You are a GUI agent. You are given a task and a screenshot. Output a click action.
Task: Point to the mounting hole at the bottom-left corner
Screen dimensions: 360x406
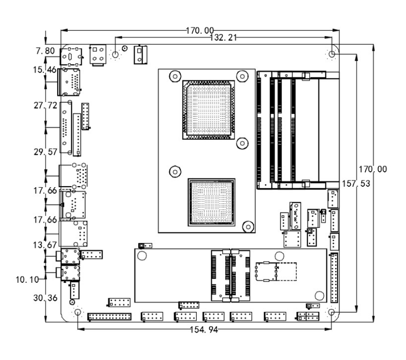coord(78,312)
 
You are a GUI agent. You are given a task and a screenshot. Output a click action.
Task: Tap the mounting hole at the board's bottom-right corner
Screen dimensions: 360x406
coord(332,312)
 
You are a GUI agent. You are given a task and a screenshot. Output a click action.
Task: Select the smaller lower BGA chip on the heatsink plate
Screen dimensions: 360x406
coord(212,201)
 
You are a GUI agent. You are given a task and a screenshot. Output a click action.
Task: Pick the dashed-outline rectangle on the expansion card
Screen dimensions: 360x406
coord(277,271)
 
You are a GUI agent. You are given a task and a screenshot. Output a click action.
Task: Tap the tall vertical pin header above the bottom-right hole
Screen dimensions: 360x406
coord(335,278)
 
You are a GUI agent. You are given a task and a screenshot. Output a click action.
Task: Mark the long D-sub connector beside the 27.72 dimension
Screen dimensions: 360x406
coord(66,128)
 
